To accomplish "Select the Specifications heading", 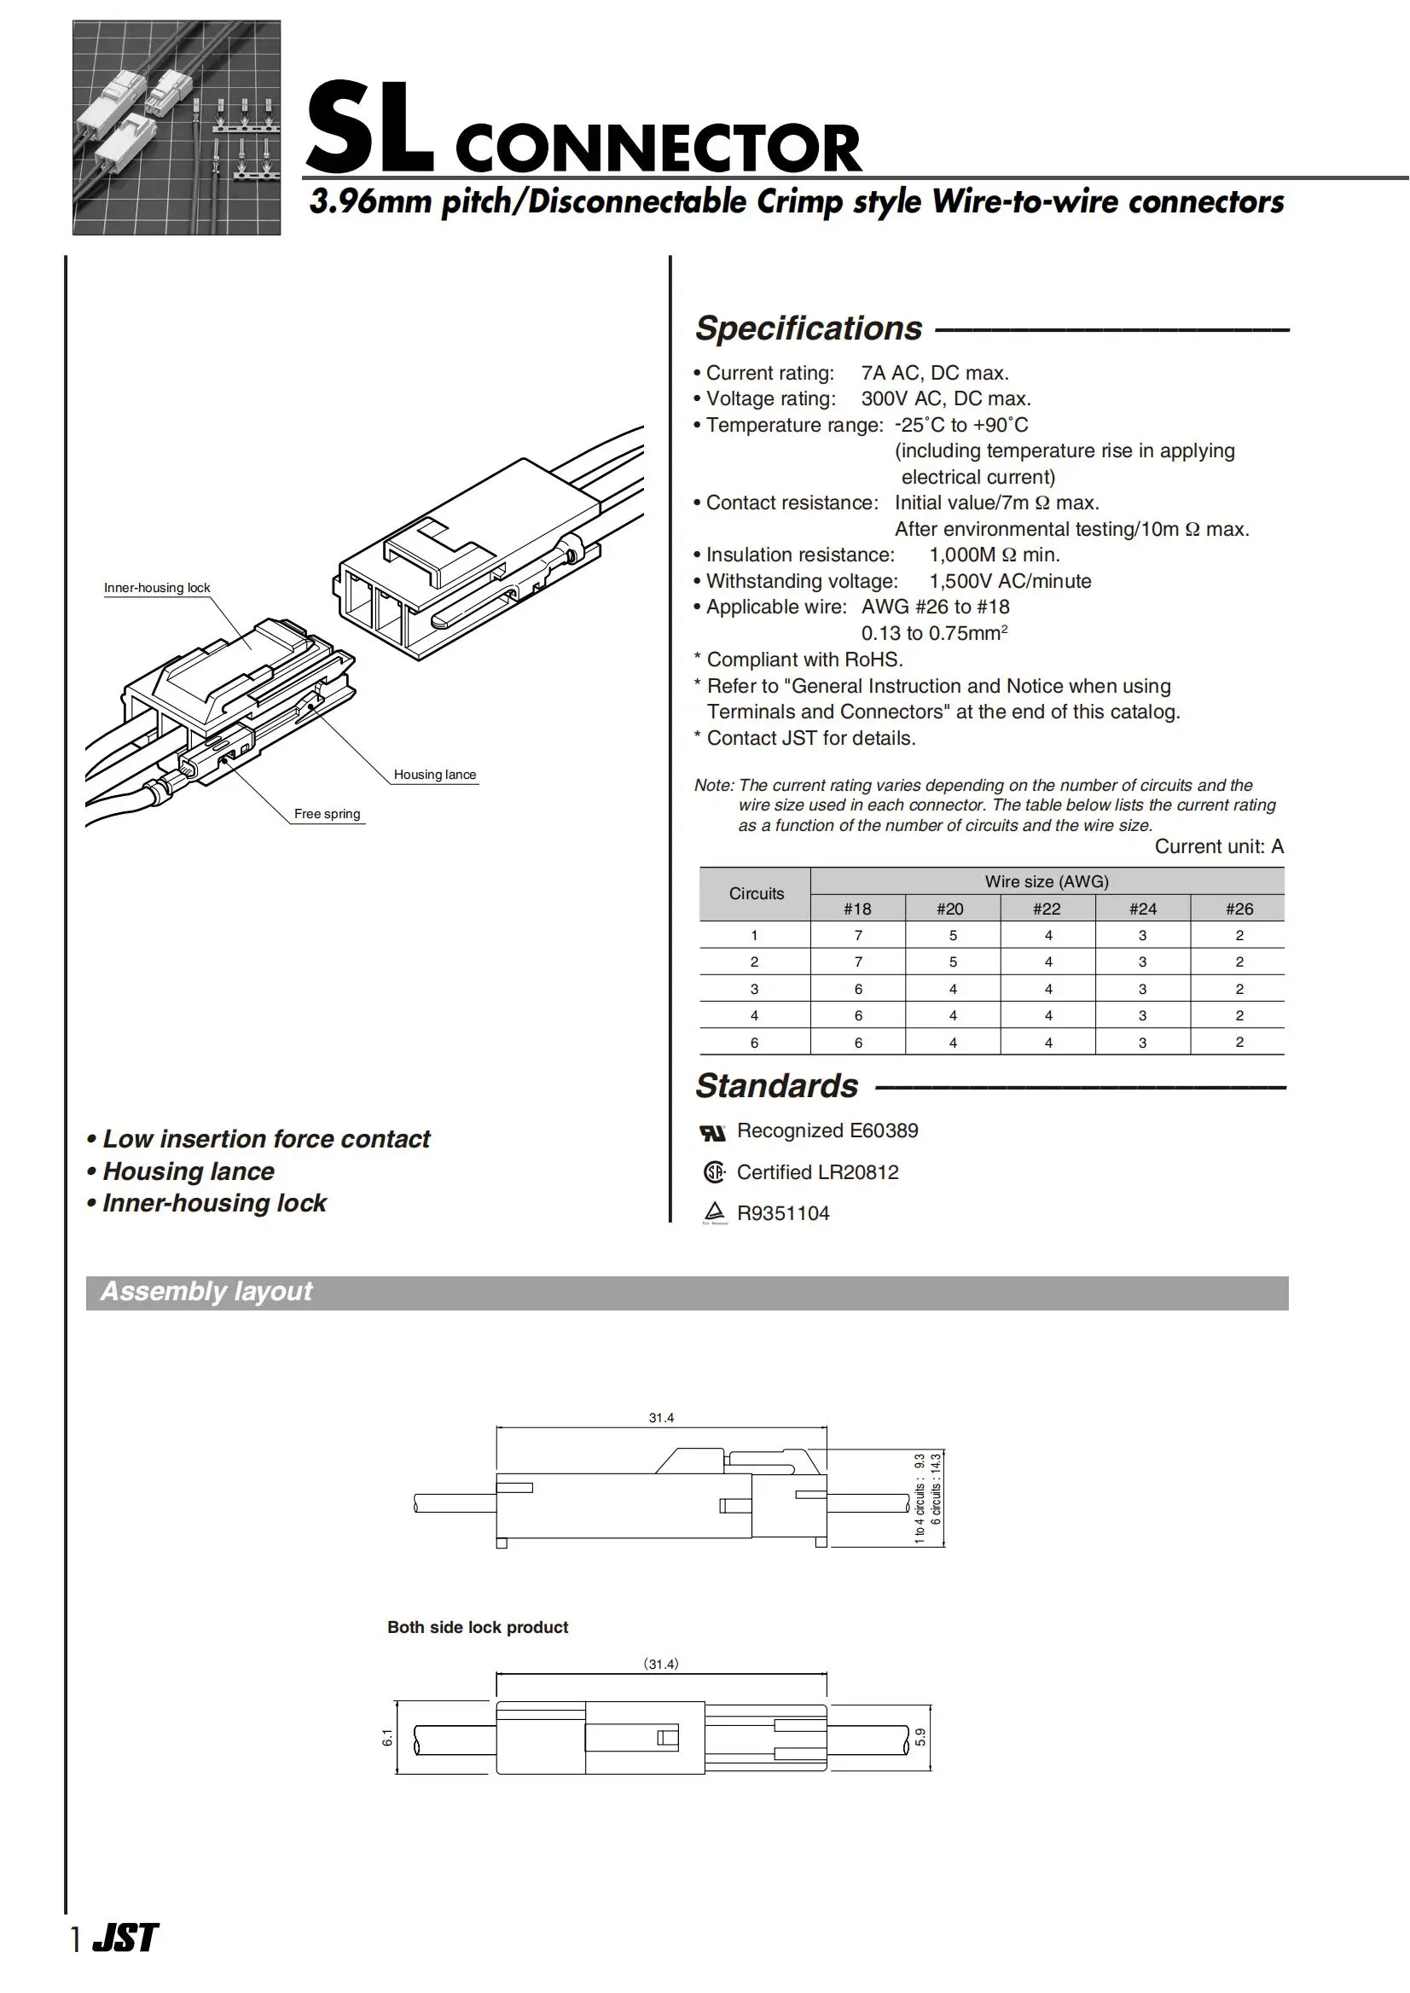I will coord(809,328).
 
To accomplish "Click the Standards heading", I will coord(776,1085).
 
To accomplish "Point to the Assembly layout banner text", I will coord(206,1292).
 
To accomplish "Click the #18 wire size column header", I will coord(857,909).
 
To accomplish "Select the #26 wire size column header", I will coord(1238,909).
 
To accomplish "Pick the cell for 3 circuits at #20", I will coord(953,988).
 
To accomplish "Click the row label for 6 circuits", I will coord(754,1042).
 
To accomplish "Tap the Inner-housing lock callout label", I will coord(157,588).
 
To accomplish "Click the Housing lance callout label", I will coord(434,775).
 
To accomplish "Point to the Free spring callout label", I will coord(327,814).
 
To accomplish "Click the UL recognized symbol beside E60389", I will coord(712,1132).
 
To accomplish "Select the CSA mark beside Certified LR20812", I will coord(713,1172).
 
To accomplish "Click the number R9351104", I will coord(782,1213).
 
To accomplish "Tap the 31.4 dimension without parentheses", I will coord(661,1417).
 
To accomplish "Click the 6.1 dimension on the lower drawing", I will coord(387,1737).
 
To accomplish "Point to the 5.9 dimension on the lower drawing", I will coord(920,1737).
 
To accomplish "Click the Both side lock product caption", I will coord(477,1627).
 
